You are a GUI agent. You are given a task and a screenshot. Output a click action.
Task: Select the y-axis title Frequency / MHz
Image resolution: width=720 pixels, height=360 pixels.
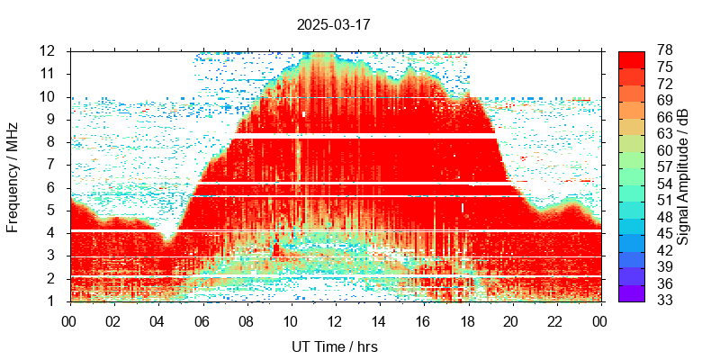(x=13, y=176)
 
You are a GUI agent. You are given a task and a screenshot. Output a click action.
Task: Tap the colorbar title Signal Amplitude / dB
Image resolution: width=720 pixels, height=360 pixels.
(x=683, y=176)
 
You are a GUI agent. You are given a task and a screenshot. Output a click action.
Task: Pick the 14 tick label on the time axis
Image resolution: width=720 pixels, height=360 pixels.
(x=379, y=319)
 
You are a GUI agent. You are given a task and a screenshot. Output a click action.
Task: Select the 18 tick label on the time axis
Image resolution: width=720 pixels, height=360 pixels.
(x=467, y=319)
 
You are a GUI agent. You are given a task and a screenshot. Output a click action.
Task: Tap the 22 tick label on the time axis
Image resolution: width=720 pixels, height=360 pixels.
(x=555, y=319)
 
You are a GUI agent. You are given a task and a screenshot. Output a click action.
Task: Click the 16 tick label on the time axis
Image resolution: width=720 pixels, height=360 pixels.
(x=423, y=319)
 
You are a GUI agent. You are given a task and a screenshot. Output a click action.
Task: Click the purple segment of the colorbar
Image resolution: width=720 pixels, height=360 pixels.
(x=631, y=293)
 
